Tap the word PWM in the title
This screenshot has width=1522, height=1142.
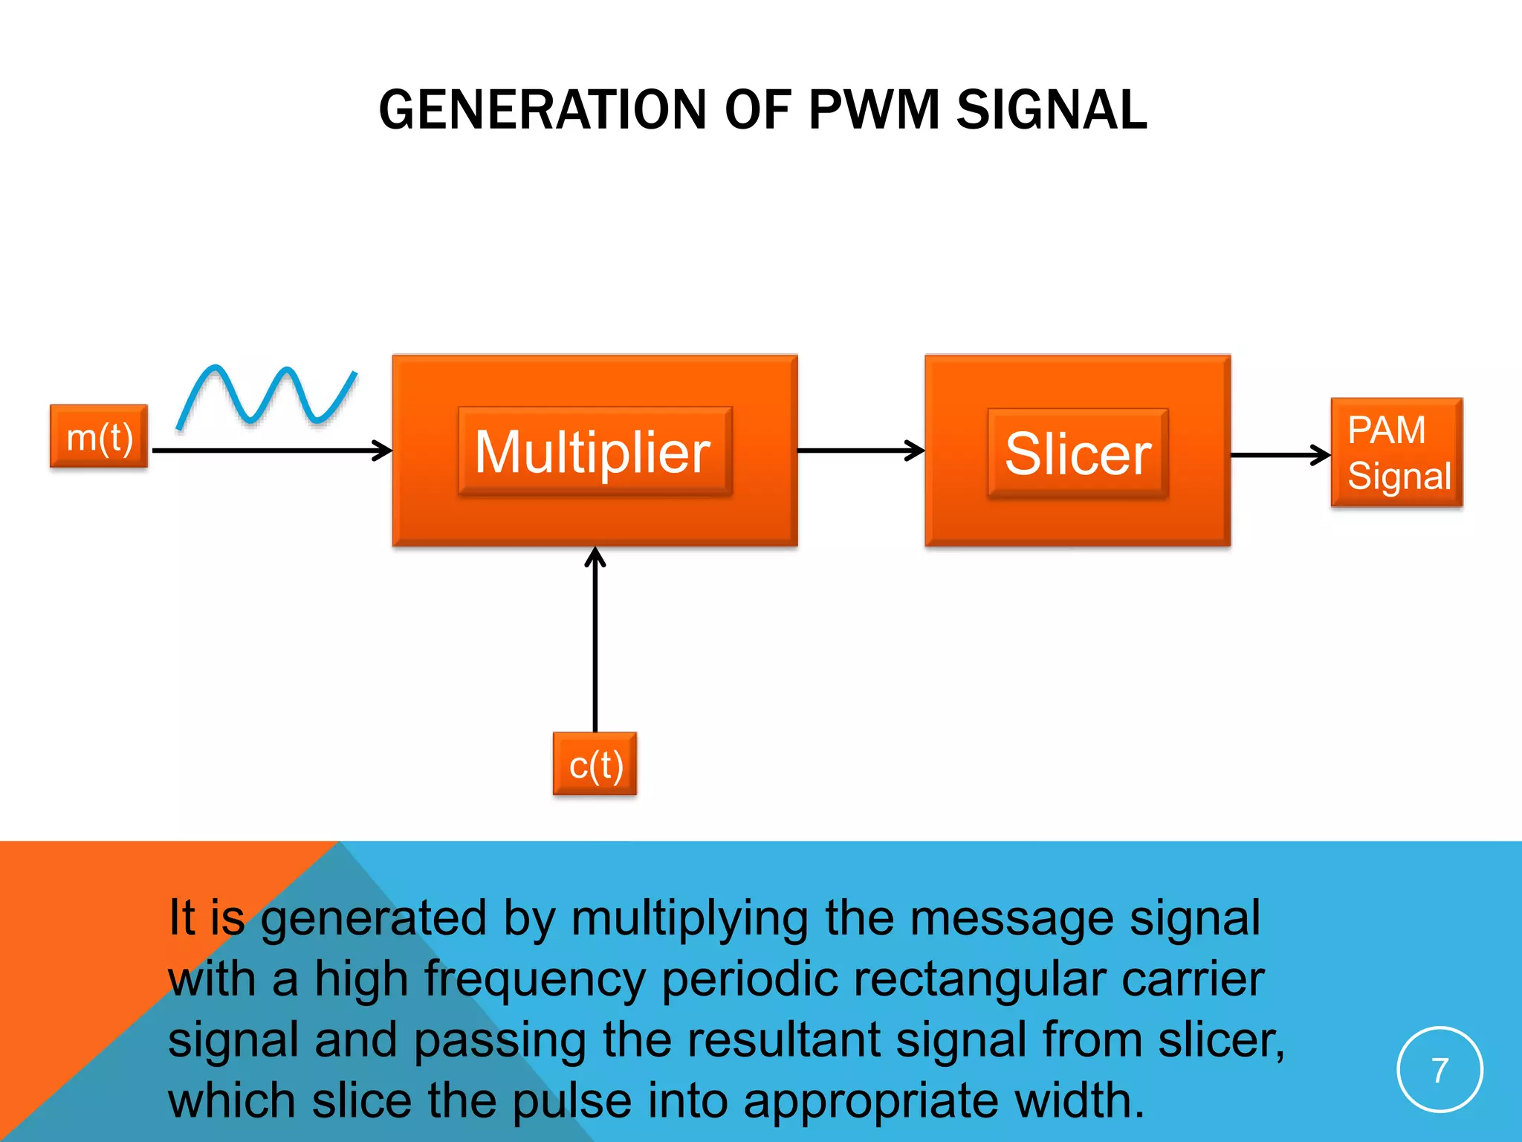coord(874,110)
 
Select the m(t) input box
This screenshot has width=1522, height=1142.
coord(99,436)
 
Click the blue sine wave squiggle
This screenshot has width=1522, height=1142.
coord(266,396)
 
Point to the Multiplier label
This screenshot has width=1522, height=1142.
coord(594,451)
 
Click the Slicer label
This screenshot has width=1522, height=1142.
coord(1078,454)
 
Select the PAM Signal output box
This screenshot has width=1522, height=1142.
coord(1396,453)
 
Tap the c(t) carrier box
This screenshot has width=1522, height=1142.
coord(595,764)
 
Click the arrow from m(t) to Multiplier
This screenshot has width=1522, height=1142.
coord(271,450)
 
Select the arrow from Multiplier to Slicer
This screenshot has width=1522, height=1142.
coord(860,450)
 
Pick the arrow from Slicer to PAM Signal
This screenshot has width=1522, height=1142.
coord(1280,455)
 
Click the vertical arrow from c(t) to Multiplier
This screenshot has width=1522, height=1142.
coord(595,639)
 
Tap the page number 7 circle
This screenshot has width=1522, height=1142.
coord(1440,1070)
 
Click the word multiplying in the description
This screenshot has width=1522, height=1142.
coord(689,918)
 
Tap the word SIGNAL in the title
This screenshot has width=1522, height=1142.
coord(1051,110)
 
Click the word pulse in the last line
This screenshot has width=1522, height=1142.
coord(571,1101)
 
